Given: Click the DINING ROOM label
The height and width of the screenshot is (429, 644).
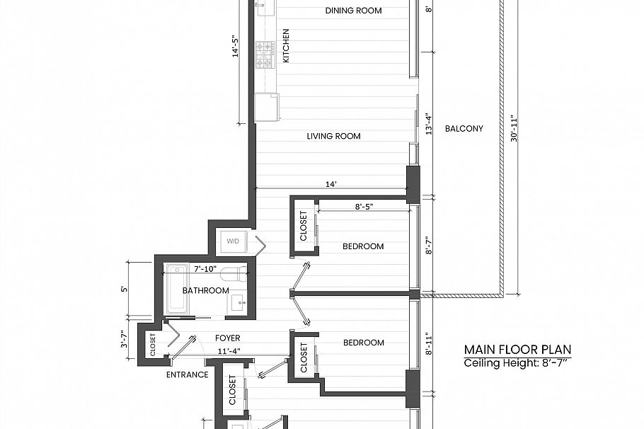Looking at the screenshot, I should (353, 11).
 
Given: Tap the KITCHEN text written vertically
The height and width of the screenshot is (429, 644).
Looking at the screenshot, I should (286, 46).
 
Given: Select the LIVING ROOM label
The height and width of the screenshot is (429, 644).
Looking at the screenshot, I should (333, 136).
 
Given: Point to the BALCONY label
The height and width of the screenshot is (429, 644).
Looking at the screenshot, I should (464, 129).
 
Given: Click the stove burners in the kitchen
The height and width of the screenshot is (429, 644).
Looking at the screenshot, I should (265, 55).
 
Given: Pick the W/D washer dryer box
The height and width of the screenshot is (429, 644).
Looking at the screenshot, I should (234, 241).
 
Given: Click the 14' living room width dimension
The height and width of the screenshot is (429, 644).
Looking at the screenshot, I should (330, 184).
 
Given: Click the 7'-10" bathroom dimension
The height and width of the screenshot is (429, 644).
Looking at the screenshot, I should (206, 269).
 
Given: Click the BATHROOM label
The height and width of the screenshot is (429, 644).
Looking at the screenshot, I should (205, 290).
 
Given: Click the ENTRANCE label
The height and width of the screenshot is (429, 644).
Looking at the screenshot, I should (187, 374).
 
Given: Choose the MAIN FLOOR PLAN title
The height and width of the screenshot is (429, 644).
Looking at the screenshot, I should (517, 349).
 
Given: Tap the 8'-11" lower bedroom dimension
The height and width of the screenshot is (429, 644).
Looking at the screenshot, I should (427, 343).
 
